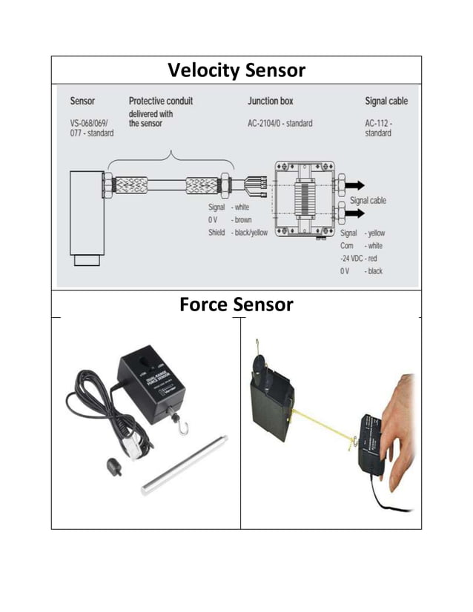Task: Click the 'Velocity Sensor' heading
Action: tap(236, 70)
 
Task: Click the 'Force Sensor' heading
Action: tap(236, 304)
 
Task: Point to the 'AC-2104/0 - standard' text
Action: tap(279, 123)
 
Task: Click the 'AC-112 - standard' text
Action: tap(379, 128)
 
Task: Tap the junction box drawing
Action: tap(304, 198)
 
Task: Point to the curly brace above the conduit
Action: tap(171, 157)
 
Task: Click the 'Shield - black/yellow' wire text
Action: tap(237, 233)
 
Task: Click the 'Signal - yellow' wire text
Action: tap(362, 233)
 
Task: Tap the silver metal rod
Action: tap(184, 465)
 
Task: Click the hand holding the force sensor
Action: tap(399, 422)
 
